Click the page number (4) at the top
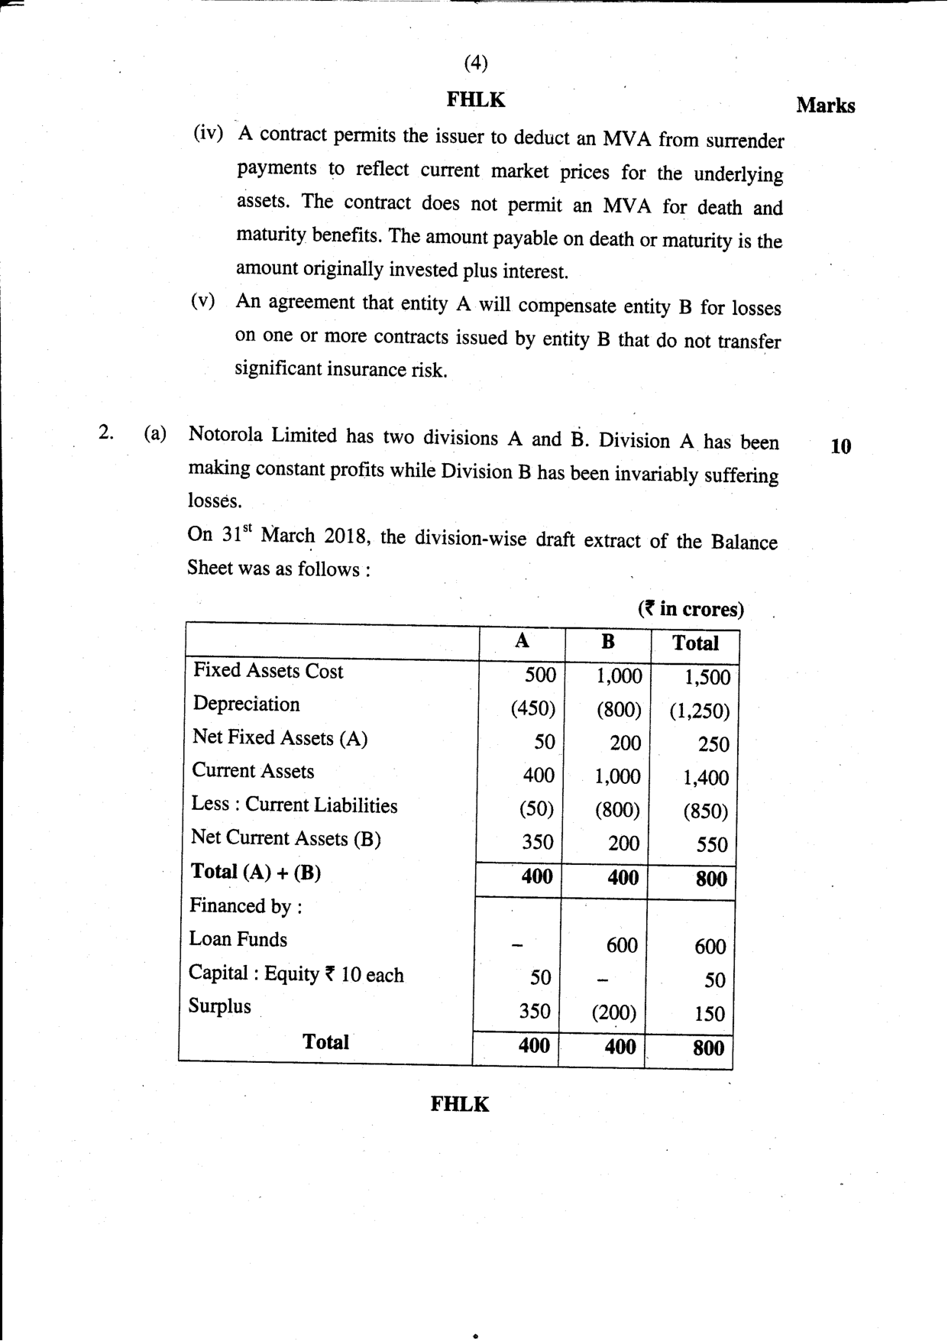475,63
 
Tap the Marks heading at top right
825,105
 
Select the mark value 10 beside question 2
840,447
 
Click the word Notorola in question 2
225,435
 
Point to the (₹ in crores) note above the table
691,609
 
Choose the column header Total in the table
695,643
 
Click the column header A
522,641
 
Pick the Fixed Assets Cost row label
268,671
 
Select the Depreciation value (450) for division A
532,709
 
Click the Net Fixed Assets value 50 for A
544,742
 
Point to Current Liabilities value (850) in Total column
705,811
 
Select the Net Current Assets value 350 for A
537,842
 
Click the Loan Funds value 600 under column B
621,946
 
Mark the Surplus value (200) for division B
613,1013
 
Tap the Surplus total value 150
709,1014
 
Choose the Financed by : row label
245,906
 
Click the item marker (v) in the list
202,300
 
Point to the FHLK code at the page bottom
459,1104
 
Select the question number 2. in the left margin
106,433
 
